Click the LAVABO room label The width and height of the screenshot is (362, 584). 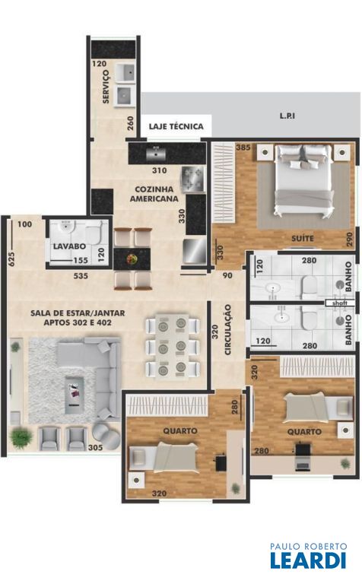click(69, 246)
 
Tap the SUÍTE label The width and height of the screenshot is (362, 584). click(303, 238)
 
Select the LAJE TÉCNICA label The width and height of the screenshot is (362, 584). click(176, 126)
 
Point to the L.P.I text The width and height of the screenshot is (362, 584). click(287, 116)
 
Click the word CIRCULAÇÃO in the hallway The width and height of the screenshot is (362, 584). click(228, 329)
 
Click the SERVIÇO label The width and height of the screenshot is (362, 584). click(106, 87)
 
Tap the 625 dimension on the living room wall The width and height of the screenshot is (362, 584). click(11, 259)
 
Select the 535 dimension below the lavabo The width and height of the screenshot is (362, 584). click(81, 276)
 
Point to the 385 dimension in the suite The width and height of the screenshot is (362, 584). click(243, 148)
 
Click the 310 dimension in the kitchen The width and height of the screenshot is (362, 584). click(160, 170)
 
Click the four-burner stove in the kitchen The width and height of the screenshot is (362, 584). click(193, 179)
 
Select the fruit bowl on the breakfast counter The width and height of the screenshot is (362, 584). click(132, 259)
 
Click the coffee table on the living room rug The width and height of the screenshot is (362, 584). click(75, 395)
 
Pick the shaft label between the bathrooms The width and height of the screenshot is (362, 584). click(340, 303)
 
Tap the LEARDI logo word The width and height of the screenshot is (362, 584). click(308, 560)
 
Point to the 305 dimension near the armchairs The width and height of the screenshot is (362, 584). click(95, 447)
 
